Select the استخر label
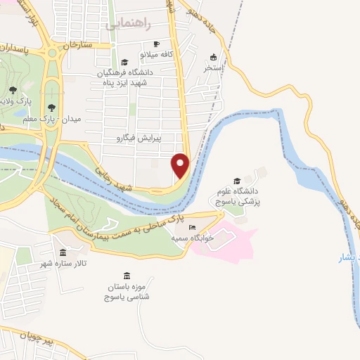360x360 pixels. coord(214,68)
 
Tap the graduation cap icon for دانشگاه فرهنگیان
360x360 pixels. coord(124,62)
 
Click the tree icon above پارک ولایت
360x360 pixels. coord(13,89)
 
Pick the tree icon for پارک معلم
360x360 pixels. coord(51,108)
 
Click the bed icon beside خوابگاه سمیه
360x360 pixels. coord(193,228)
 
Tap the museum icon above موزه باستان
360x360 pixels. coord(127,276)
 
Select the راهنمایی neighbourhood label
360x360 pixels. coord(129,23)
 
